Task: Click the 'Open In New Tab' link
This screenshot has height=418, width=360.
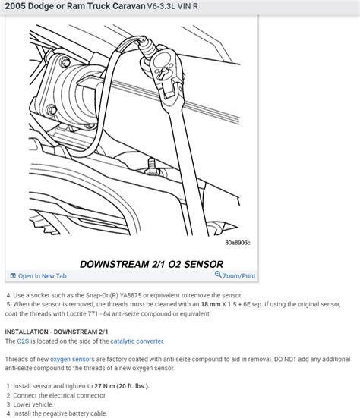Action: point(42,276)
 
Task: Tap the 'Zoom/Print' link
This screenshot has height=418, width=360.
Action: point(238,276)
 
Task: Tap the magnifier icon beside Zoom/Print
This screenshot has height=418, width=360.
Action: point(218,275)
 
